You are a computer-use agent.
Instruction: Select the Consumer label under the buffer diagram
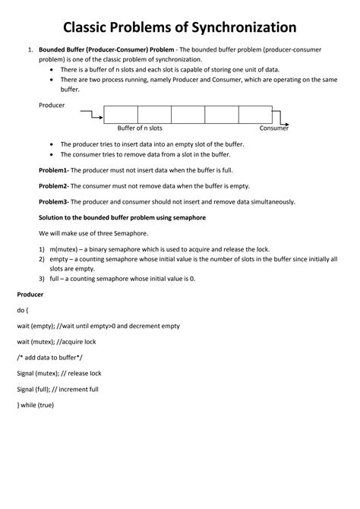274,128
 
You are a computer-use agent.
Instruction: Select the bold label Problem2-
54,185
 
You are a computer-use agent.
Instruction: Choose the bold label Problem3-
54,201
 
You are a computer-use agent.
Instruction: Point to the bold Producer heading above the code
30,293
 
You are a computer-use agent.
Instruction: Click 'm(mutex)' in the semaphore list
65,249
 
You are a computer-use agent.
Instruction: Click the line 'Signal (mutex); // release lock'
58,373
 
